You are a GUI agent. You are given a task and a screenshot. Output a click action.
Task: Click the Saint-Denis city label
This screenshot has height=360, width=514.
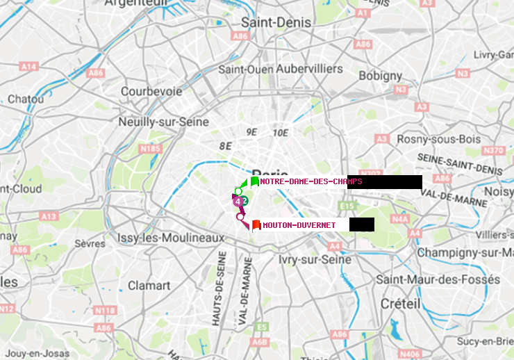click(x=267, y=23)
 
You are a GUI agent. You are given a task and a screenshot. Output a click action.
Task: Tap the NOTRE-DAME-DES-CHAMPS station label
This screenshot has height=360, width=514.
click(x=310, y=182)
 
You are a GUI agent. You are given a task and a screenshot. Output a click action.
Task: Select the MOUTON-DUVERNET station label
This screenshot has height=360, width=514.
click(x=299, y=225)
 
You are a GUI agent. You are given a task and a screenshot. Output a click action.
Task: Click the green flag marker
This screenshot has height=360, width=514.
click(x=255, y=181)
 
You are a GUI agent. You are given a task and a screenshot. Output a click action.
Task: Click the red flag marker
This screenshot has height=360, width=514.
click(x=256, y=224)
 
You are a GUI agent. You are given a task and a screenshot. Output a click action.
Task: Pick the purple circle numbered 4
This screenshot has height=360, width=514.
click(x=238, y=202)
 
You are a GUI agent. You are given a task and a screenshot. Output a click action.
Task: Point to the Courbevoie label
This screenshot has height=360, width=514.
click(x=151, y=91)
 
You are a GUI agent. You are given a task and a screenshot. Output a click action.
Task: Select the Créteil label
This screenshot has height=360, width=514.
click(x=400, y=304)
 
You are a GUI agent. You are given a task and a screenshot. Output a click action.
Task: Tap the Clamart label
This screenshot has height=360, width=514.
click(x=149, y=286)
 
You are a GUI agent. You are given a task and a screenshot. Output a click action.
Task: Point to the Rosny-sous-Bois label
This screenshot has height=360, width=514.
click(x=438, y=139)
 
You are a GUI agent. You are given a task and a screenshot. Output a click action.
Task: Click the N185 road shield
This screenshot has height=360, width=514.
click(x=149, y=148)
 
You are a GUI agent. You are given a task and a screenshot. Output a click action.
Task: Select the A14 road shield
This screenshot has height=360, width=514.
click(x=28, y=67)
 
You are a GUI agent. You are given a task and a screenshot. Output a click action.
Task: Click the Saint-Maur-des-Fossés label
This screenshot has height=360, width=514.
click(x=437, y=279)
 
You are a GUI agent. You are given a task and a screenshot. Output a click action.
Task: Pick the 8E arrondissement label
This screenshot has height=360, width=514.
click(x=224, y=146)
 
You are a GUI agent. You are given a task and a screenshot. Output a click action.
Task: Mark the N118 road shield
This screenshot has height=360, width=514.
click(x=104, y=310)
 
